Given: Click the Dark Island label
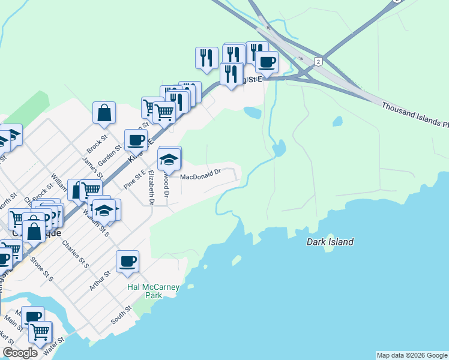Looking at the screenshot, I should pyautogui.click(x=330, y=242).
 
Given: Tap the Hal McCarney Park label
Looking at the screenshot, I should pyautogui.click(x=154, y=291).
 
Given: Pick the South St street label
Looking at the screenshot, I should pyautogui.click(x=121, y=316).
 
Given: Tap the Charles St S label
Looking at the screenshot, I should pyautogui.click(x=75, y=254).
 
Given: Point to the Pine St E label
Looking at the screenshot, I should pyautogui.click(x=134, y=179).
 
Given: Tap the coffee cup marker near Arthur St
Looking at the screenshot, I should pyautogui.click(x=128, y=262).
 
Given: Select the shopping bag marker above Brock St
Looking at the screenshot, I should pyautogui.click(x=104, y=112).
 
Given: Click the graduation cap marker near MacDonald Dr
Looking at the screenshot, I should pyautogui.click(x=169, y=159).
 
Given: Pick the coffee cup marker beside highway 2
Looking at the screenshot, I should pyautogui.click(x=267, y=61).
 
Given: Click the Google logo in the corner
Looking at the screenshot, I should pyautogui.click(x=20, y=353).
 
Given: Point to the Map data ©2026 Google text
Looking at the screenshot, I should pyautogui.click(x=412, y=355).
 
